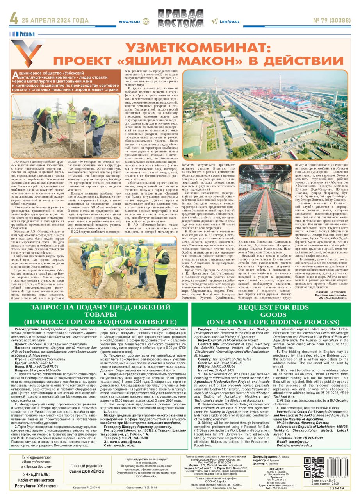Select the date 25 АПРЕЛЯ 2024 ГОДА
pos(55,20)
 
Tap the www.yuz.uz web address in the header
pos(130,22)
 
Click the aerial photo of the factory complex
pos(265,114)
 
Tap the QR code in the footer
pos(314,467)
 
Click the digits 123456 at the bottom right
pos(337,488)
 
